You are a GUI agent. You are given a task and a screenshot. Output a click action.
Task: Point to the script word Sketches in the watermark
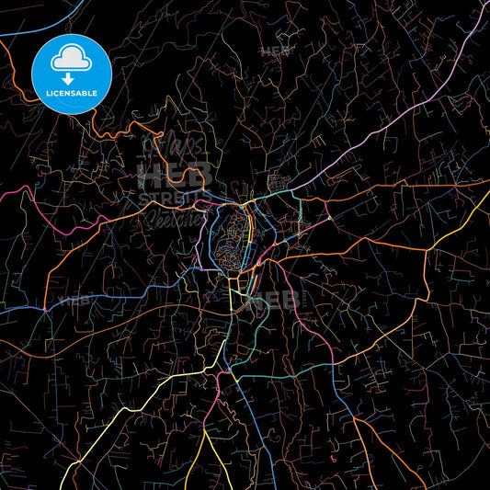[x=173, y=219]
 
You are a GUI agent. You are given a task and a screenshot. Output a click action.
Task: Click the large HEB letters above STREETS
[x=175, y=174]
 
